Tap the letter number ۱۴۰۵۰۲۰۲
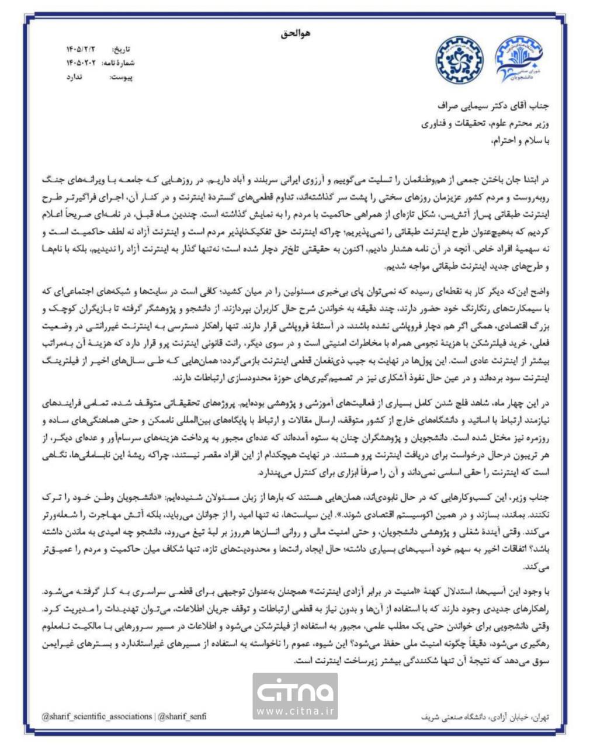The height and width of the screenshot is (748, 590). coord(81,63)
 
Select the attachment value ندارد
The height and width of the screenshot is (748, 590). coord(76,77)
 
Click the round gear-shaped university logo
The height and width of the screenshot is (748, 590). coord(457,60)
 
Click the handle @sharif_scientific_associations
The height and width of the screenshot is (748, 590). coord(97,716)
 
